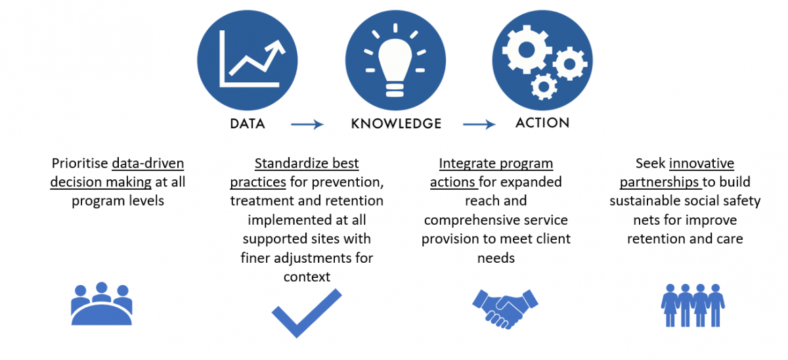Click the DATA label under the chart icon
248,124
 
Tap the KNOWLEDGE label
396,124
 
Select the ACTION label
542,123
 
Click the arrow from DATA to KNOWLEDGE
307,124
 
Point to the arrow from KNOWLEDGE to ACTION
479,124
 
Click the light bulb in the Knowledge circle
395,67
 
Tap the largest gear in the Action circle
527,50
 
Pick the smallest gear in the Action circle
544,87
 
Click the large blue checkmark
307,313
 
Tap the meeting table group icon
102,304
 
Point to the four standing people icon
693,305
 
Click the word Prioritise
80,164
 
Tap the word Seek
651,164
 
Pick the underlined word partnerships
659,183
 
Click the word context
307,277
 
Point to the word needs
496,258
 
